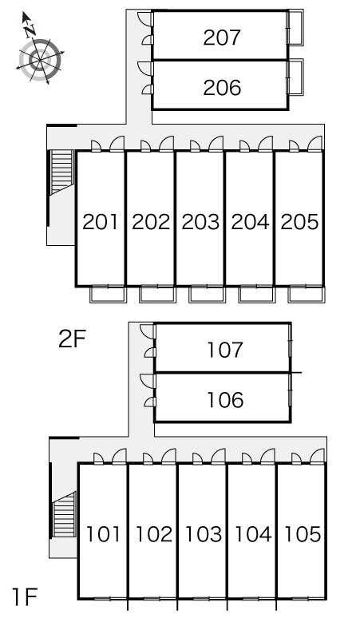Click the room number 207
(222, 38)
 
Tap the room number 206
(222, 88)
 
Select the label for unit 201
(101, 222)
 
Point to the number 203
(200, 222)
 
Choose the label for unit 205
(299, 222)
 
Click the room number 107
(225, 350)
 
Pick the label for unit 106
(225, 400)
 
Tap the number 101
(103, 534)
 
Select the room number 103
(203, 534)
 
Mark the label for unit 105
(302, 534)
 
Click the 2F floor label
(72, 339)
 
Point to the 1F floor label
(25, 596)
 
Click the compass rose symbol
(40, 59)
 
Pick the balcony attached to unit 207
(295, 27)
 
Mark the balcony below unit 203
(206, 295)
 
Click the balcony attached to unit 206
(295, 77)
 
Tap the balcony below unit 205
(306, 295)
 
